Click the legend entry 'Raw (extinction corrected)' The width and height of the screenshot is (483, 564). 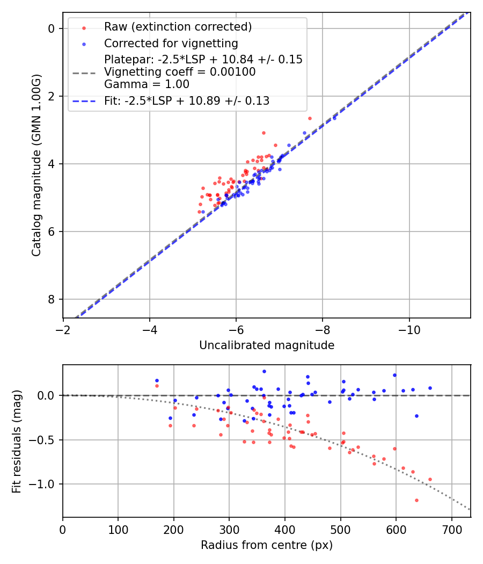pyautogui.click(x=178, y=27)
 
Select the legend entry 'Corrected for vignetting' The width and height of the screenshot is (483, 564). pyautogui.click(x=171, y=43)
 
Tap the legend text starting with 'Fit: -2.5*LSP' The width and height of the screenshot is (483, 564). pyautogui.click(x=187, y=101)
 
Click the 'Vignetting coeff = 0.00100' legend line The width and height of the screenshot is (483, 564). pyautogui.click(x=180, y=72)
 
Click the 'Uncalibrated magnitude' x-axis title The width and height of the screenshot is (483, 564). pyautogui.click(x=267, y=345)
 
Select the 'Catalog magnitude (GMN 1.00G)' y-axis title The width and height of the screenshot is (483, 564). pyautogui.click(x=36, y=165)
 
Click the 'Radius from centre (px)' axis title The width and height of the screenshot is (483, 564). pyautogui.click(x=267, y=545)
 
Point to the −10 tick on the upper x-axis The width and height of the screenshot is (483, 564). pyautogui.click(x=409, y=328)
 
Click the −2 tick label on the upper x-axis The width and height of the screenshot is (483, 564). pyautogui.click(x=63, y=328)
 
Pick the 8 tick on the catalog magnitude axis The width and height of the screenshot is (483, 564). pyautogui.click(x=52, y=299)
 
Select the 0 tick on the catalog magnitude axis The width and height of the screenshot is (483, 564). pyautogui.click(x=52, y=28)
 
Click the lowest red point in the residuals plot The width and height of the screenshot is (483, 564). pyautogui.click(x=416, y=500)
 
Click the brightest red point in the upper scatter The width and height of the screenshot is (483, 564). pyautogui.click(x=310, y=118)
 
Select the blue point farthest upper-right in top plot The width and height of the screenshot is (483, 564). pyautogui.click(x=334, y=118)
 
